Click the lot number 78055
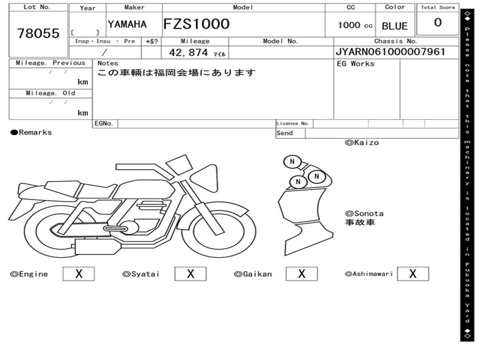[38, 33]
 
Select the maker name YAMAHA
[127, 24]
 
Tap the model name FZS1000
[196, 24]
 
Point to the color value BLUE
[395, 26]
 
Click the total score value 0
[437, 23]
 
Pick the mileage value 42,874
[188, 52]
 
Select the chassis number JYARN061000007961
[390, 52]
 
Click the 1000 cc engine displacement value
[355, 25]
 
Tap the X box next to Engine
[78, 274]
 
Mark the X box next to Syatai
[190, 274]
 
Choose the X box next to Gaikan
[301, 274]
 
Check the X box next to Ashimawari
[412, 274]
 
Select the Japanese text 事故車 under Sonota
[360, 223]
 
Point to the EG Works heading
[356, 64]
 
